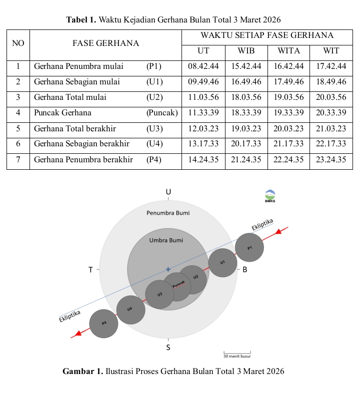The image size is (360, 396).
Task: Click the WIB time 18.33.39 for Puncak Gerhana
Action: (x=246, y=113)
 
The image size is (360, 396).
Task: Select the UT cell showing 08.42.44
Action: (x=203, y=66)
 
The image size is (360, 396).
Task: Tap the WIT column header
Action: (x=331, y=51)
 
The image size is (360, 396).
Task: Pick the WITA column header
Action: (x=288, y=51)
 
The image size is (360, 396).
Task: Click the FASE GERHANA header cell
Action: (x=105, y=43)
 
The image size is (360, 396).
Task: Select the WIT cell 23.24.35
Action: (x=331, y=160)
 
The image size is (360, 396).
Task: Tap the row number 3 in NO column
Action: (x=18, y=97)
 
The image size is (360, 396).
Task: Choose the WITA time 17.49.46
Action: (x=288, y=82)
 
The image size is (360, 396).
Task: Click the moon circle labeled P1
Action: (x=249, y=247)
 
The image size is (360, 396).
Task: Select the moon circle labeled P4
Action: (x=103, y=324)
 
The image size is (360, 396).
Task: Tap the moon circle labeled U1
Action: (x=222, y=262)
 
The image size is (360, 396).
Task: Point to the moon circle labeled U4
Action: (x=130, y=310)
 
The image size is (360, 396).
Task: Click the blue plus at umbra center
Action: (x=168, y=269)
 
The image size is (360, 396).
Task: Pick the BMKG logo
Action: (x=270, y=196)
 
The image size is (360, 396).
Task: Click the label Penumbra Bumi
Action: (x=168, y=213)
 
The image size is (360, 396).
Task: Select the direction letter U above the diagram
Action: (x=168, y=192)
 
